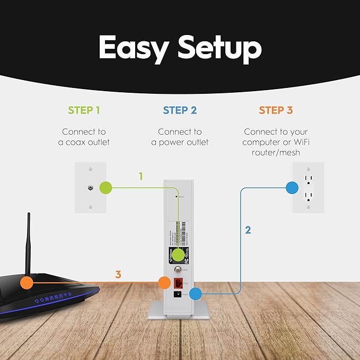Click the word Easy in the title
[134, 48]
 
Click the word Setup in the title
[219, 48]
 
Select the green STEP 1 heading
[84, 110]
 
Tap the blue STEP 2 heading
[180, 110]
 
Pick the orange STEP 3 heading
[276, 110]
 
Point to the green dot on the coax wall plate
[106, 187]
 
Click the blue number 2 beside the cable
[248, 230]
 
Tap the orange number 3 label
[118, 275]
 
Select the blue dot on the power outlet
[292, 187]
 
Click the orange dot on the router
[26, 283]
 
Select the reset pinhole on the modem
[177, 196]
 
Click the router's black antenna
[29, 239]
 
